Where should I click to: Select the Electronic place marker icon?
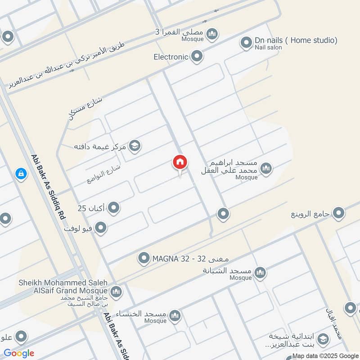coord(197,57)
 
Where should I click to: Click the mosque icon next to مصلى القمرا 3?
coord(212,33)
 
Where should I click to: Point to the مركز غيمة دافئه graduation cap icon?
coord(134,146)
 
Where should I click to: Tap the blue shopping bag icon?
coord(21,173)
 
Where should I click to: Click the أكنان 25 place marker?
coord(114,208)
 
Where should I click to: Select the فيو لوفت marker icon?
coord(101,228)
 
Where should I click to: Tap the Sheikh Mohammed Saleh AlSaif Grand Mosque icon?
coord(116,292)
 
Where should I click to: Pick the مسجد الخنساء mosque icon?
coord(175,315)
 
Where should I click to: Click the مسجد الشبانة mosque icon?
coord(260,272)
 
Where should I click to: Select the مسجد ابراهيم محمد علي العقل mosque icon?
coord(266,169)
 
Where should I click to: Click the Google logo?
coord(19,353)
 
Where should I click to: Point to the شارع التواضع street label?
coord(104,174)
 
